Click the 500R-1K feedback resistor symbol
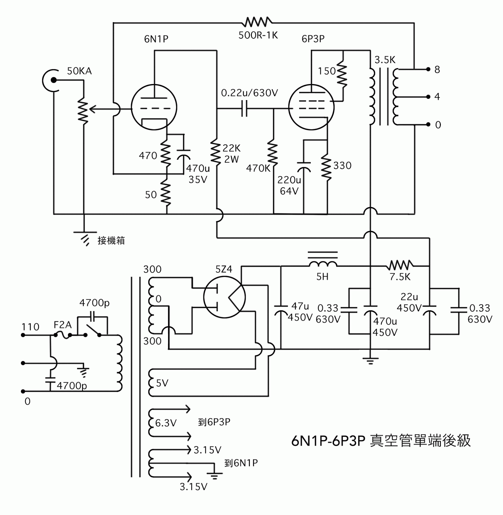pyautogui.click(x=257, y=22)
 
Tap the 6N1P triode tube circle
pyautogui.click(x=154, y=107)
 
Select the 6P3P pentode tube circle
pyautogui.click(x=311, y=107)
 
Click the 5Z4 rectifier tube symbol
pyautogui.click(x=224, y=298)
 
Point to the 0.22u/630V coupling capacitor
pyautogui.click(x=245, y=109)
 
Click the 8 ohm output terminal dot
pyautogui.click(x=428, y=69)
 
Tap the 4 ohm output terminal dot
pyautogui.click(x=428, y=97)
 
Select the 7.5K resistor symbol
pyautogui.click(x=400, y=266)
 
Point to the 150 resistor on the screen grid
pyautogui.click(x=342, y=75)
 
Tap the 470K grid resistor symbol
pyautogui.click(x=273, y=154)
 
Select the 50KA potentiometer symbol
pyautogui.click(x=83, y=110)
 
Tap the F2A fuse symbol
pyautogui.click(x=63, y=335)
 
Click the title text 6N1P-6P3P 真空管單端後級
pyautogui.click(x=381, y=441)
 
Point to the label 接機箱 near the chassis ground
pyautogui.click(x=111, y=240)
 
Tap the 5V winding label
pyautogui.click(x=162, y=383)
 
